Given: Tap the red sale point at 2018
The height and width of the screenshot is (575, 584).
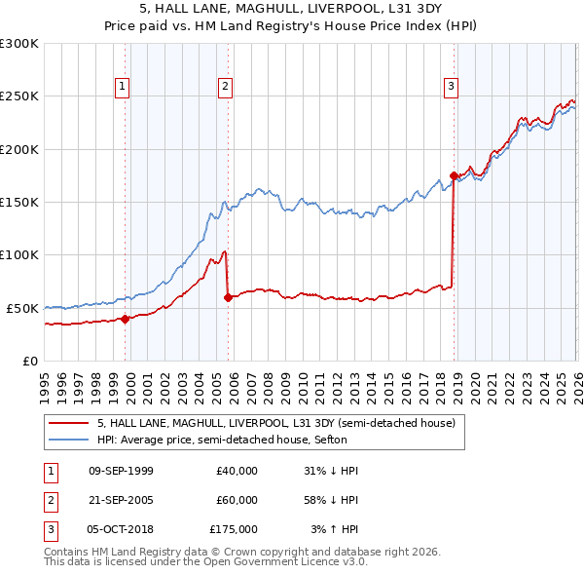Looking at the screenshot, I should point(454,175).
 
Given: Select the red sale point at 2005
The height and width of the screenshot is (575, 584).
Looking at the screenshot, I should point(229,297).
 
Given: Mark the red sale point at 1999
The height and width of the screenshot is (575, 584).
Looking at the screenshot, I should point(126,318).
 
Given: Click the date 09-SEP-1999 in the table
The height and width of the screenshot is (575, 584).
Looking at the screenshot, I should point(121,471).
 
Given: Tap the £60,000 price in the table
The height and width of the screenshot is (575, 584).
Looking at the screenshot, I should point(237,500).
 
